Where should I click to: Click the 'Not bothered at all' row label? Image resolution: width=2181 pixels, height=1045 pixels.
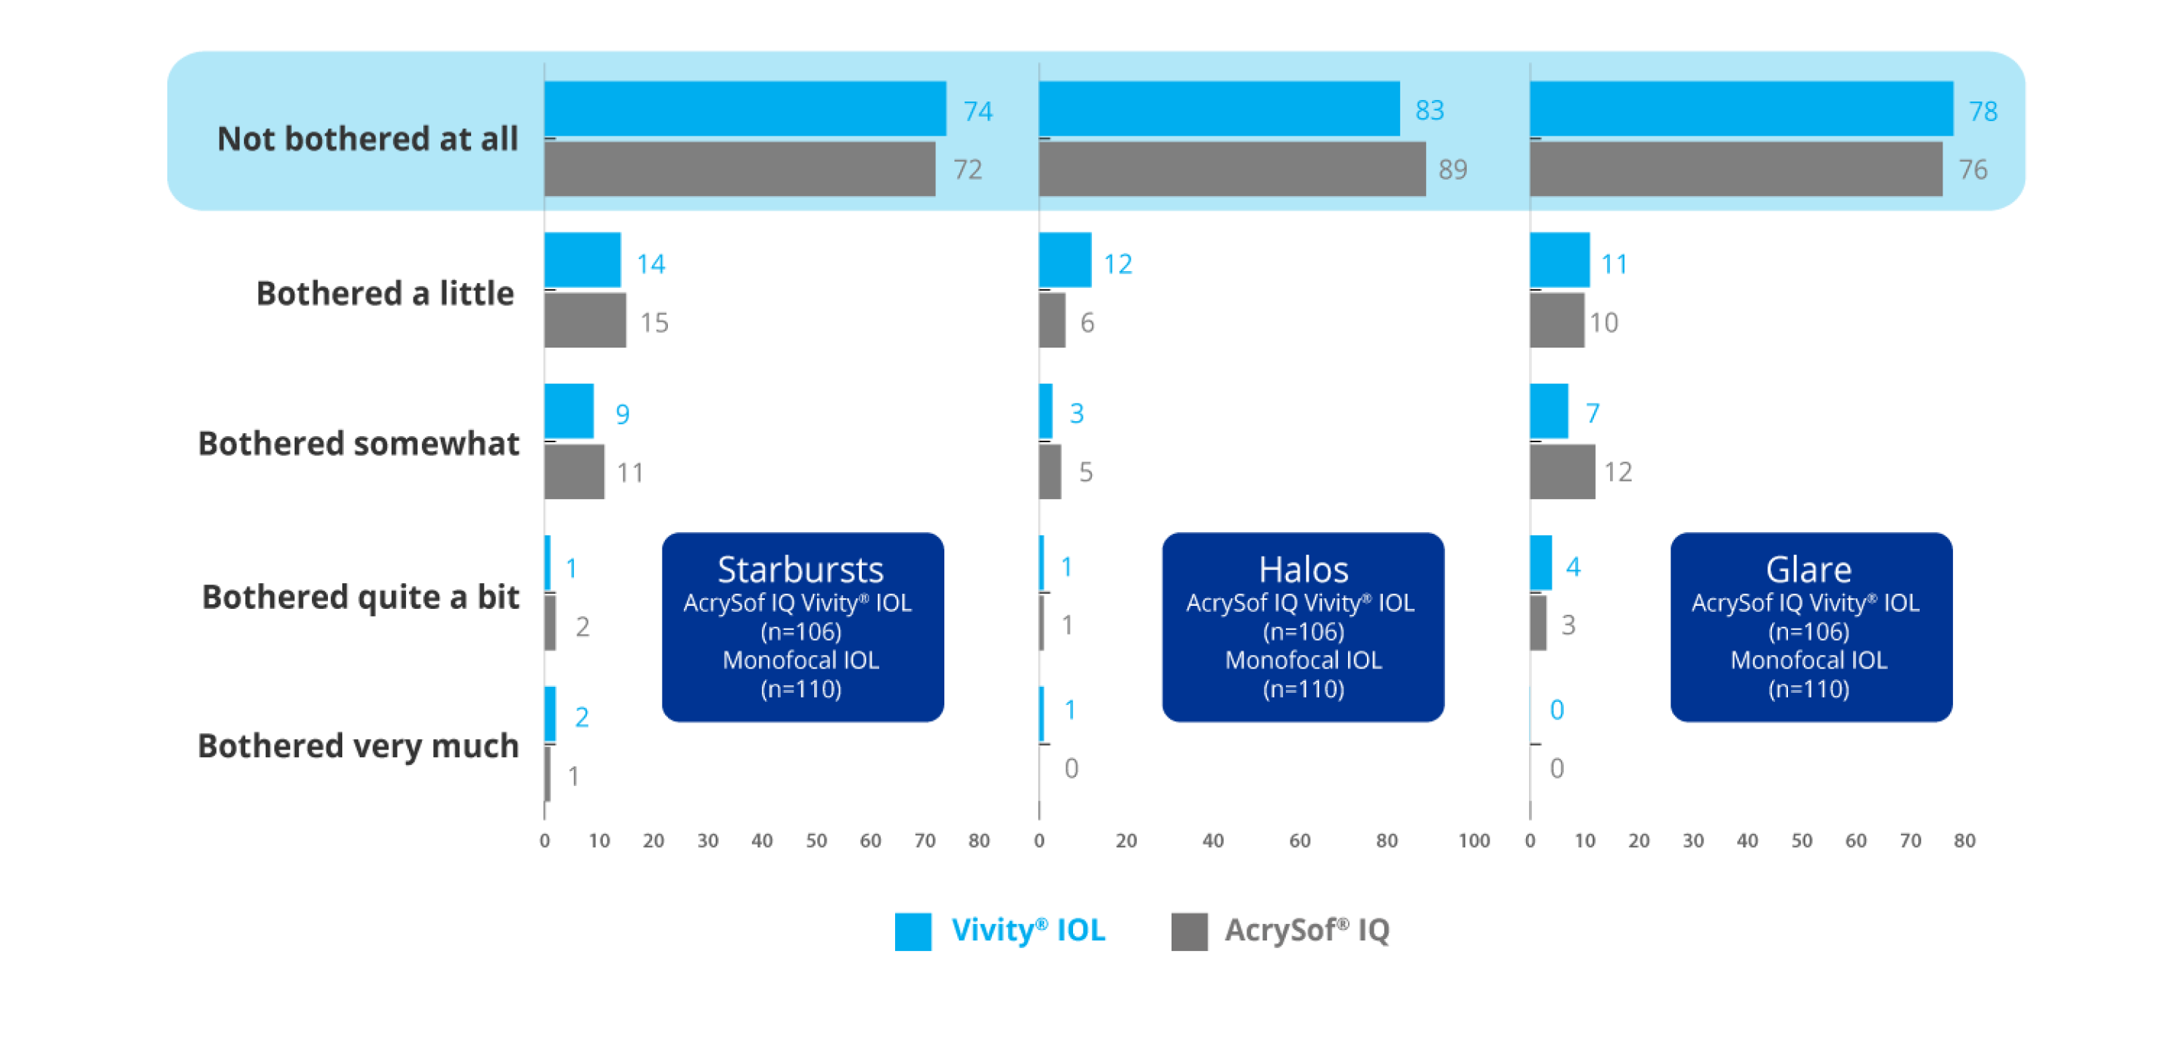point(367,139)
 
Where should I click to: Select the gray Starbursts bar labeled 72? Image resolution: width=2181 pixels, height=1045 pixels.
point(739,170)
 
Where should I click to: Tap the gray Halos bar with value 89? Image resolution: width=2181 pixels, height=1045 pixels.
point(1232,170)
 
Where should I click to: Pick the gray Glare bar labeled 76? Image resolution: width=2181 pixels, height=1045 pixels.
point(1736,170)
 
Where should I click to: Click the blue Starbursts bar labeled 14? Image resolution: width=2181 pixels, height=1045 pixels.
point(582,260)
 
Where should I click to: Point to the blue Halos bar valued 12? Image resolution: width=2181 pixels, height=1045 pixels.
point(1065,260)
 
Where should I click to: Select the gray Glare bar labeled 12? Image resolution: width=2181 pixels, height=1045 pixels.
point(1562,472)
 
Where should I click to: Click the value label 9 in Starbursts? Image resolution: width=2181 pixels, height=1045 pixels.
point(622,414)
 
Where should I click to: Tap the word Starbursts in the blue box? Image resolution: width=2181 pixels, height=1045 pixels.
point(800,570)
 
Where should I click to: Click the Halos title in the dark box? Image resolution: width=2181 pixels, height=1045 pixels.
point(1303,570)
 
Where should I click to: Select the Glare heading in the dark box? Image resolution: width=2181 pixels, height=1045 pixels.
point(1808,570)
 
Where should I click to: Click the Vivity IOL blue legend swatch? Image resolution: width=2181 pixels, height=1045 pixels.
point(913,931)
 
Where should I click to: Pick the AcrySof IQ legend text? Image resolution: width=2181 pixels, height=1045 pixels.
point(1306,931)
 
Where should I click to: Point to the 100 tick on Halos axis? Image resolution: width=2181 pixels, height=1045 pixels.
point(1473,841)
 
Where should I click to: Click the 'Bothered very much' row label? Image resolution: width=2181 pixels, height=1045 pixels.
point(358,747)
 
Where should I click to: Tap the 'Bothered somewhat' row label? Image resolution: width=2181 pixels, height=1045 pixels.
point(358,444)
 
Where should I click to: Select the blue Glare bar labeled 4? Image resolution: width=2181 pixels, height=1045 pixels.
point(1541,563)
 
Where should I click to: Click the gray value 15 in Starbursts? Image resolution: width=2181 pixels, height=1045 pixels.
point(654,323)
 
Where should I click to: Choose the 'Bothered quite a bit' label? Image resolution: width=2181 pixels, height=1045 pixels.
point(360,597)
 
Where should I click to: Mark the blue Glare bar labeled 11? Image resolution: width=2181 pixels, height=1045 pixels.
point(1560,260)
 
